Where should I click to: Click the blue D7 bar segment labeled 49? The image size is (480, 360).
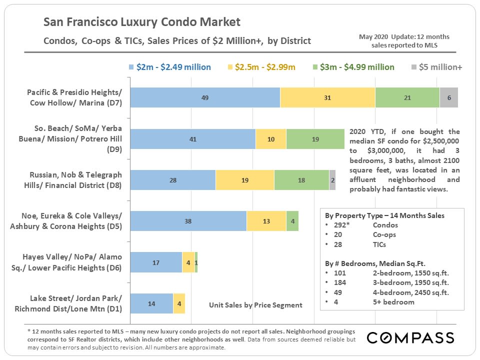205,97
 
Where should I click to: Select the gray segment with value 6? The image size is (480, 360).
449,97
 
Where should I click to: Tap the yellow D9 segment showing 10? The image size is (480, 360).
271,139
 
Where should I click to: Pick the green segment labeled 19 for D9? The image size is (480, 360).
315,139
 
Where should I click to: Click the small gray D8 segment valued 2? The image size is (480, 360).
332,180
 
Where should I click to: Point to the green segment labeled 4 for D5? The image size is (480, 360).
292,221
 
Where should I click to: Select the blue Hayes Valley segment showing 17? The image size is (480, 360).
156,262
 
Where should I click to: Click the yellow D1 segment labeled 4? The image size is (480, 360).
179,303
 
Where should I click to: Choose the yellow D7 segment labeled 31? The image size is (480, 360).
327,97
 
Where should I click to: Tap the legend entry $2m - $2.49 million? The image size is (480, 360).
169,67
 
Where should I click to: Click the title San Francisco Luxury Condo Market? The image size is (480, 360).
142,22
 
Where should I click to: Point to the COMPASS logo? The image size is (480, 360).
410,338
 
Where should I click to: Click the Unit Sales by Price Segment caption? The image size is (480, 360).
255,304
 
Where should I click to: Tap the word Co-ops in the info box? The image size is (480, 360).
384,234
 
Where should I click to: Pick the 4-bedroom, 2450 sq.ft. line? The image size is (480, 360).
410,292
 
